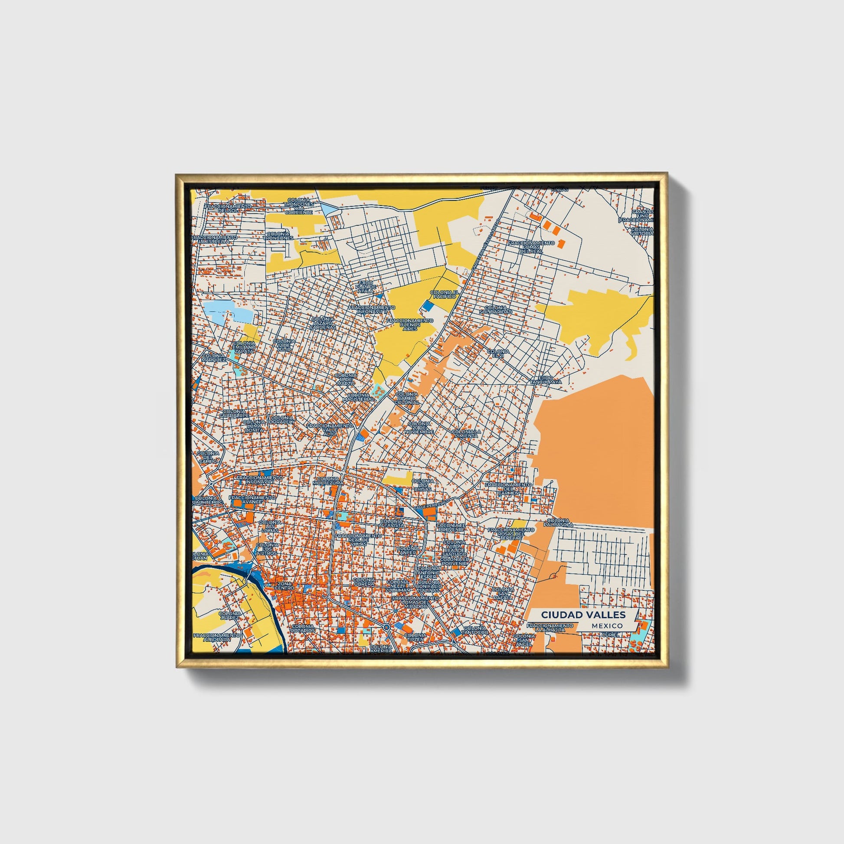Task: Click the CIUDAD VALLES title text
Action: coord(583,615)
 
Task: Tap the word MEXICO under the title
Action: coord(608,626)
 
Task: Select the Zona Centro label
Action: coord(284,586)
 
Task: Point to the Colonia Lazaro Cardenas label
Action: coord(323,323)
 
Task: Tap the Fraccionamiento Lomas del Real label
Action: coord(531,247)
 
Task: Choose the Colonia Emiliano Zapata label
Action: coord(244,347)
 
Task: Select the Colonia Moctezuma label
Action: coord(327,481)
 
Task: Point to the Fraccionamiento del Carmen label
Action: coord(508,488)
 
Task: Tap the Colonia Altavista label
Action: coord(391,523)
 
